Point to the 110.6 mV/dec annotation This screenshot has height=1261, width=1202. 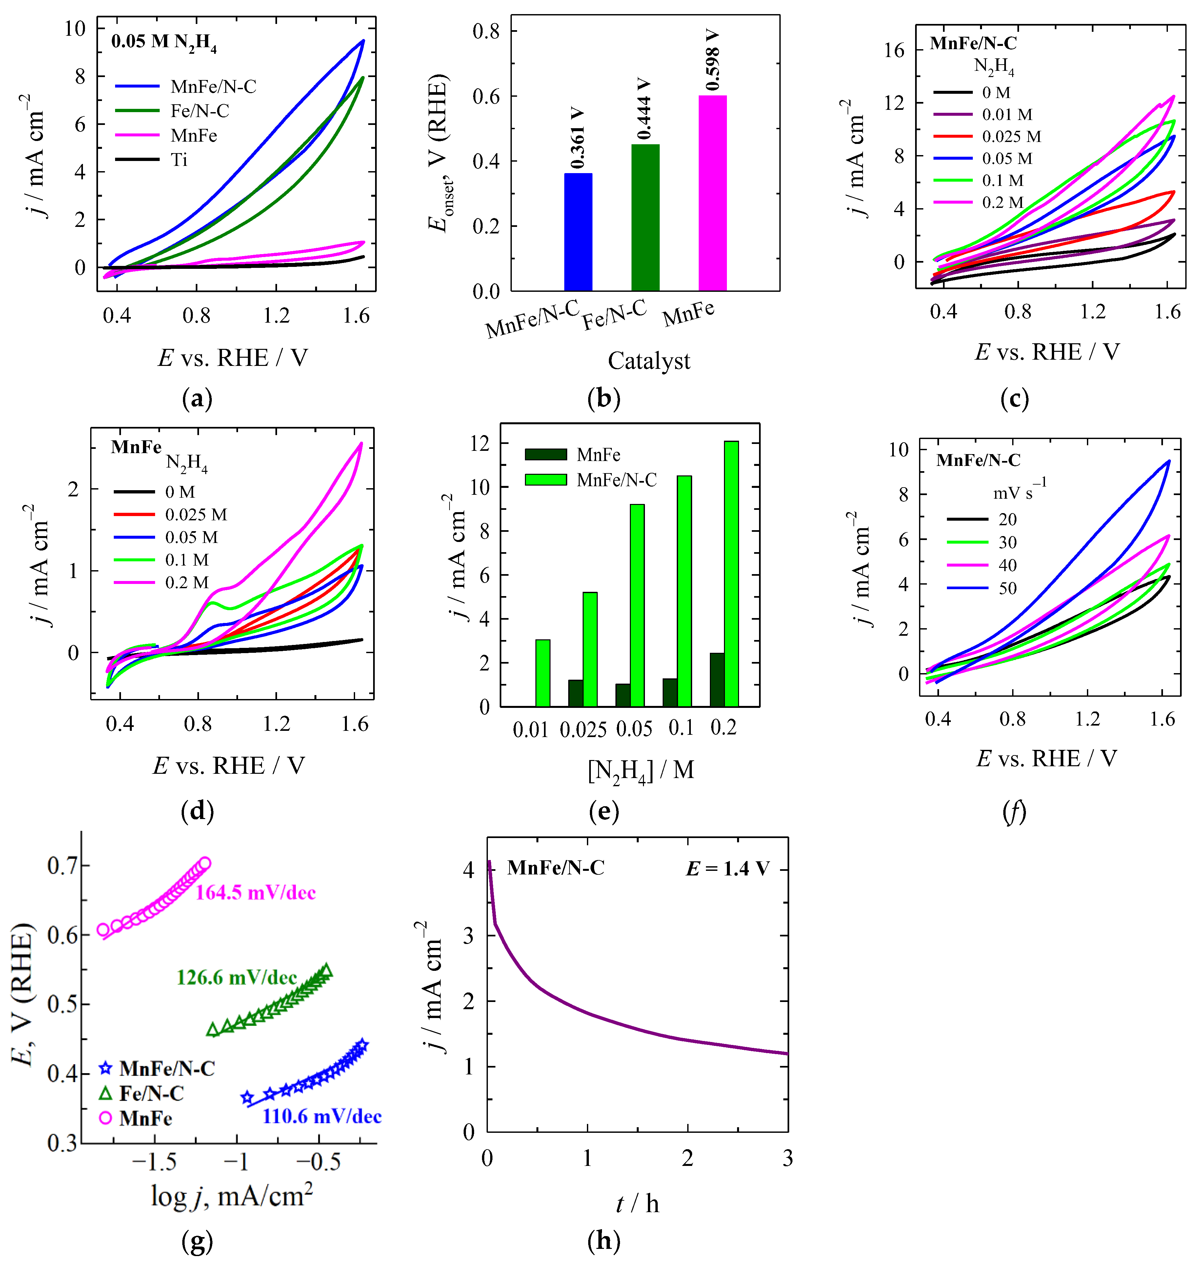click(x=322, y=1117)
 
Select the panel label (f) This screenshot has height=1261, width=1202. click(x=1014, y=812)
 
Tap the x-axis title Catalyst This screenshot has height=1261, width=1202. click(x=649, y=361)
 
